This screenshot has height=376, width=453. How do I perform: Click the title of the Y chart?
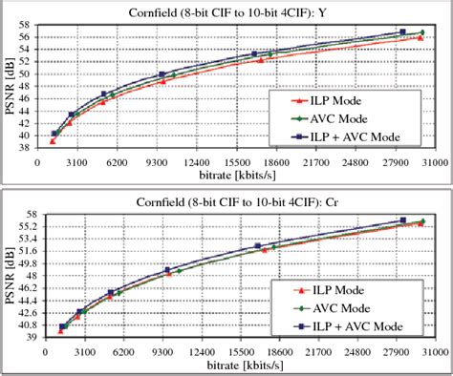point(227,13)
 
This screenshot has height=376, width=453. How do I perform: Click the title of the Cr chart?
point(237,202)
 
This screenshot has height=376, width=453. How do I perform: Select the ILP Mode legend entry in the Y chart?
point(326,101)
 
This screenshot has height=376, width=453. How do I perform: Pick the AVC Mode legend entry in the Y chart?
point(330,119)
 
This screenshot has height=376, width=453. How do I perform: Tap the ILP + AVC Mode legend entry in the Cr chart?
point(348,326)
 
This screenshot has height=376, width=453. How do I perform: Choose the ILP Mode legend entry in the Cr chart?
point(329,290)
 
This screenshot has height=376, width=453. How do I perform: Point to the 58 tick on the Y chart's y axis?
point(27,25)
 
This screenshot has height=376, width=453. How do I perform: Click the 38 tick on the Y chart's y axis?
point(27,148)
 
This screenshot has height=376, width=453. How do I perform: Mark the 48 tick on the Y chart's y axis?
point(27,86)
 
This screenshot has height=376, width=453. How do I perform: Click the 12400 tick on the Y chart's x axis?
point(197,163)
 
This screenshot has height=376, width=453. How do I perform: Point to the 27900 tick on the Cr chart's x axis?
point(396,352)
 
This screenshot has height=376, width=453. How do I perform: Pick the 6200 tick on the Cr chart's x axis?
point(123,352)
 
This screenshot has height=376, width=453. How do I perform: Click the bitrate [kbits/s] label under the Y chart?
point(237,176)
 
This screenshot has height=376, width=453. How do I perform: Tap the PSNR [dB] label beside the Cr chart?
point(11,276)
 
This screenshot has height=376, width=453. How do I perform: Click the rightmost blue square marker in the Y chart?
point(402,31)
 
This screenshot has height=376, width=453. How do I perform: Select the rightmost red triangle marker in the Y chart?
point(421,38)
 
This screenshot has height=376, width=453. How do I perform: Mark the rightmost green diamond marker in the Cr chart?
point(423,221)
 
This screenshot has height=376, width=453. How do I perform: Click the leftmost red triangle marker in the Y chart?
point(53,141)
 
